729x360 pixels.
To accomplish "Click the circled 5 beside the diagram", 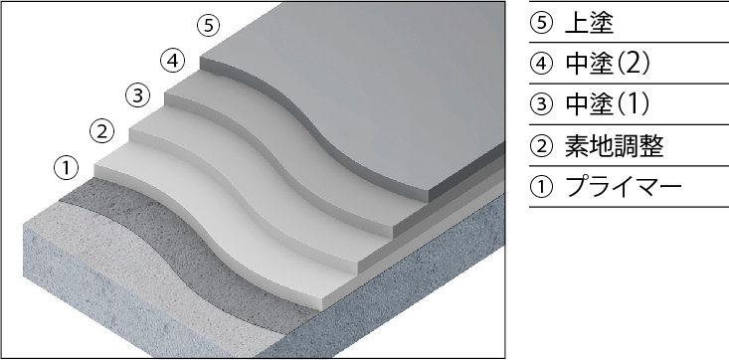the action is tap(208, 26).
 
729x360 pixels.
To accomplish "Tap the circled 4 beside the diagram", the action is tap(172, 61).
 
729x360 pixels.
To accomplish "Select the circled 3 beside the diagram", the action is tap(137, 96).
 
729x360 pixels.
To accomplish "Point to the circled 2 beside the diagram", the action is tap(101, 131).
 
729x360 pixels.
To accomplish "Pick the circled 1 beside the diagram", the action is tap(67, 167).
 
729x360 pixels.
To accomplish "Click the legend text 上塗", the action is tap(589, 23).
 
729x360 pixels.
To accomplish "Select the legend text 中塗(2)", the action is tap(608, 64).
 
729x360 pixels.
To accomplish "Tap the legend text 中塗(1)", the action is tap(608, 104).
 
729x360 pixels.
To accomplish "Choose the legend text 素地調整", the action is tap(614, 145).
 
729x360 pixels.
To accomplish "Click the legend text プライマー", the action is tap(623, 187).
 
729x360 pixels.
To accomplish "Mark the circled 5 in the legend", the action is tap(541, 23).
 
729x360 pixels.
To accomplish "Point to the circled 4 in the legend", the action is tap(541, 64).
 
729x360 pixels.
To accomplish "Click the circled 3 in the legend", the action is tap(541, 104).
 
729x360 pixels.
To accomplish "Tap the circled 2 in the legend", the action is tap(541, 145).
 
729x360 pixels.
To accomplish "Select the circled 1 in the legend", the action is tap(541, 187).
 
